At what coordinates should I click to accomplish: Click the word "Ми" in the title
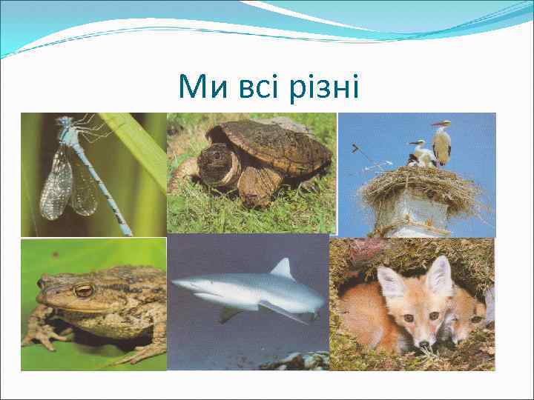click(200, 89)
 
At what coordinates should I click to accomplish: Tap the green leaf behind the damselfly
click(137, 148)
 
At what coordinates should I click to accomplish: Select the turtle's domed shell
click(274, 144)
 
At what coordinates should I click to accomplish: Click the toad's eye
click(84, 290)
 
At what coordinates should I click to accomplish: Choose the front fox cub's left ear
click(392, 282)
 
